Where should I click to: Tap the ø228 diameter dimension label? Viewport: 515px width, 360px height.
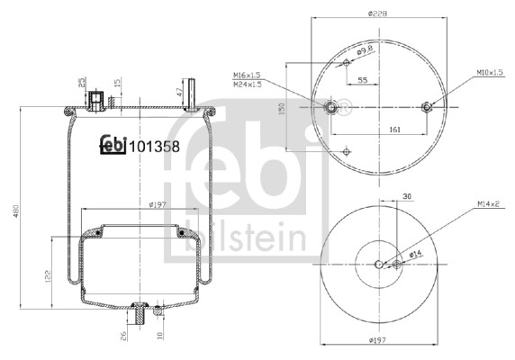click(x=377, y=13)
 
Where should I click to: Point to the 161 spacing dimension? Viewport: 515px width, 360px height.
click(x=393, y=130)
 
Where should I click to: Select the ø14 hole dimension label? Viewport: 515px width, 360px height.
click(x=416, y=254)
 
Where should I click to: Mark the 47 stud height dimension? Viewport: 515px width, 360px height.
click(x=179, y=92)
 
